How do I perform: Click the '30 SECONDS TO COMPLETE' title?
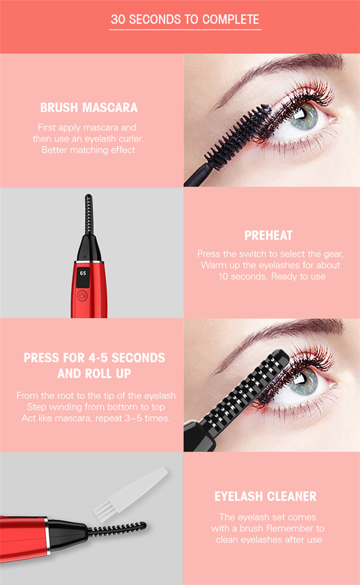(x=185, y=20)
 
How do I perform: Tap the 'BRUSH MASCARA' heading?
(x=89, y=108)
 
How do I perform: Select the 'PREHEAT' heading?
(x=268, y=235)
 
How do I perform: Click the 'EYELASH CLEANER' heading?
(x=265, y=496)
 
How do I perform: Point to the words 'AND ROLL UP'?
(x=94, y=374)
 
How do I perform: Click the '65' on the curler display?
(x=83, y=273)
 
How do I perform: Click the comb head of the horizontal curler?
(x=117, y=529)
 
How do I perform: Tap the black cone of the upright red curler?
(x=89, y=248)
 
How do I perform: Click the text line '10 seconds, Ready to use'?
(x=272, y=276)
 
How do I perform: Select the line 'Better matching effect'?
(x=88, y=150)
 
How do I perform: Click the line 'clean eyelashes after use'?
(x=269, y=540)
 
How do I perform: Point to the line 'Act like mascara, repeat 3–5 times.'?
(x=96, y=418)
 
